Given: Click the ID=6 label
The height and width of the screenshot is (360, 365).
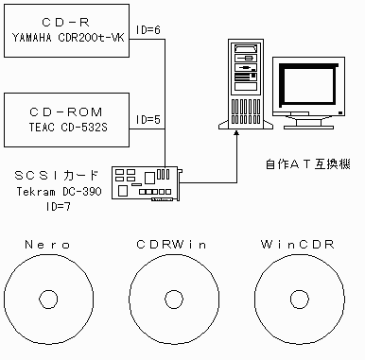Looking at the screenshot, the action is (x=148, y=30).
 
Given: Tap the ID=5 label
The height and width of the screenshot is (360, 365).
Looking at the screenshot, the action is (x=148, y=120).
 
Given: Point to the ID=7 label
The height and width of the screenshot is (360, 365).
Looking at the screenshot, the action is (x=59, y=207).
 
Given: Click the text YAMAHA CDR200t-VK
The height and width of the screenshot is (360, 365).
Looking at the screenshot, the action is (x=68, y=38).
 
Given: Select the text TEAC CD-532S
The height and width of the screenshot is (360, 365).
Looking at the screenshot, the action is (x=68, y=128).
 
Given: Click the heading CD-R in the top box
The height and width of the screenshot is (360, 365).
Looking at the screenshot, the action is (x=66, y=23).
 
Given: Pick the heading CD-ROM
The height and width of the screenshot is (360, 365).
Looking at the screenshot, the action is (x=66, y=112).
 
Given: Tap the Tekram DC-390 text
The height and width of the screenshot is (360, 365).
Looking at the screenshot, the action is (x=60, y=192).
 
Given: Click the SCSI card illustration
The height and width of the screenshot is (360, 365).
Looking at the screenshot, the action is (x=148, y=184).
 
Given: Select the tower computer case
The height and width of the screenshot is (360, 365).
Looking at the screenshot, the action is (x=246, y=84).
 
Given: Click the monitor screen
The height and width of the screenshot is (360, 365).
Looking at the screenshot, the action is (x=309, y=85).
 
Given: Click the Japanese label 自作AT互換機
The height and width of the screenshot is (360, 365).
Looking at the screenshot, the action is (x=308, y=164).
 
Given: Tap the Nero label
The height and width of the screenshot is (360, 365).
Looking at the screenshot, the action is (x=48, y=245).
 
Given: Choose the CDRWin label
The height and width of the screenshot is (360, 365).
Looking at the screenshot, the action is (x=172, y=245).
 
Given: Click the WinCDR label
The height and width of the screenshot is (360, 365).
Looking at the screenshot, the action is (x=298, y=245).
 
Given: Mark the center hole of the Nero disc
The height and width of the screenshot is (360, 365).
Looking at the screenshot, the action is (x=48, y=299).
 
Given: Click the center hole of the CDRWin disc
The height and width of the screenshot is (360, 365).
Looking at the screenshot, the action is (x=174, y=299).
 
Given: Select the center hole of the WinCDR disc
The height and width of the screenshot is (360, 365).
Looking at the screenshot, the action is (x=300, y=299).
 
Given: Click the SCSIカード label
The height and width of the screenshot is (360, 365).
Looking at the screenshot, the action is (x=57, y=176).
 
